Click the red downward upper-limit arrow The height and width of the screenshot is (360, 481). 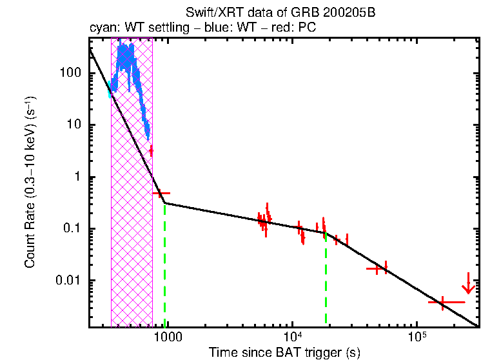pyautogui.click(x=469, y=283)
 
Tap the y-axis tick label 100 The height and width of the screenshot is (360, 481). pyautogui.click(x=70, y=73)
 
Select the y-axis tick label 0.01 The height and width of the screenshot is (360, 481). pyautogui.click(x=67, y=281)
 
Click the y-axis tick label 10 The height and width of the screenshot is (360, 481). pyautogui.click(x=73, y=125)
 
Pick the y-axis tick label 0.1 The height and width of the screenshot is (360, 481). pyautogui.click(x=70, y=228)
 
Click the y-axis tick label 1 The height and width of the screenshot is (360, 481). pyautogui.click(x=76, y=177)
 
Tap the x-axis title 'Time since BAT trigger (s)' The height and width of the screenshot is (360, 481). pyautogui.click(x=284, y=352)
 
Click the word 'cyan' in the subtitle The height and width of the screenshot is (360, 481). pyautogui.click(x=102, y=28)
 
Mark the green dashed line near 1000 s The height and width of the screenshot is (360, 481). pyautogui.click(x=165, y=265)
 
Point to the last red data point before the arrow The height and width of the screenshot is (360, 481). pyautogui.click(x=443, y=302)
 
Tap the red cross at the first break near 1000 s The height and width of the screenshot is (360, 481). pyautogui.click(x=161, y=194)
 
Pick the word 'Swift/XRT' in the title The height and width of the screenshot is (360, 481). pyautogui.click(x=210, y=12)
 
